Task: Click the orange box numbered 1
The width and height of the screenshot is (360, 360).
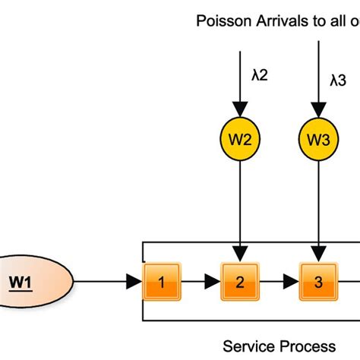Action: point(161,283)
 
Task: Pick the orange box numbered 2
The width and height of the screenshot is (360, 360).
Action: point(240,283)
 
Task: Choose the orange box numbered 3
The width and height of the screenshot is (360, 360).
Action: point(318,283)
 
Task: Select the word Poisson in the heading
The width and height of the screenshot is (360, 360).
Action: point(219,21)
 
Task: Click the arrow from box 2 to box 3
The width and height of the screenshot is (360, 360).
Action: point(279,283)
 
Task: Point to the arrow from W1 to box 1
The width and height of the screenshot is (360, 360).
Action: point(106,283)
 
